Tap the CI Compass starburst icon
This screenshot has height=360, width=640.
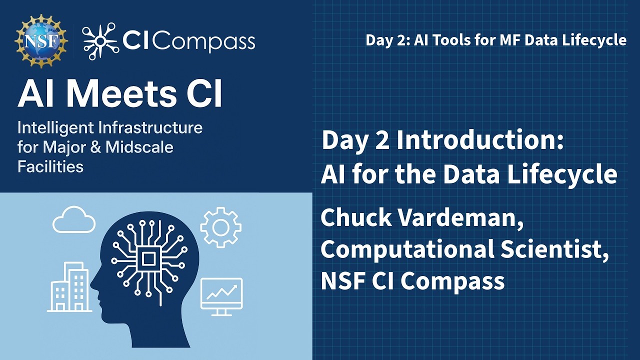tap(100, 39)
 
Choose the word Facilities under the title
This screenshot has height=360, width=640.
tap(50, 166)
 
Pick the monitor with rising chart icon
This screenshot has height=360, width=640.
tap(221, 296)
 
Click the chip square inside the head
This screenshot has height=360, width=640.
tap(148, 258)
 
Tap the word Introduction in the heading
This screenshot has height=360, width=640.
tap(480, 141)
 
